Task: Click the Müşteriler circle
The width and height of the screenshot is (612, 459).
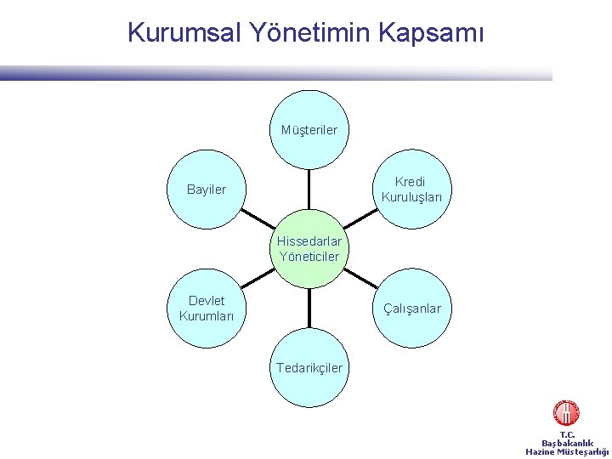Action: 309,129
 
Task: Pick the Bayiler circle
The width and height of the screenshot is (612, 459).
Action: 206,190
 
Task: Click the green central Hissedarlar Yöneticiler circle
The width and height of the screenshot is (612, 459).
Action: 309,248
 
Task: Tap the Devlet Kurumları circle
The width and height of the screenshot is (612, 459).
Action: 207,309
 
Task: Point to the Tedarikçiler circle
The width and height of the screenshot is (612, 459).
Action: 309,367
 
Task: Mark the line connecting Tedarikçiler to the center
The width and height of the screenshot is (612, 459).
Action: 309,308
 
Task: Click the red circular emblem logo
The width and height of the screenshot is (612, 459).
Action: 566,414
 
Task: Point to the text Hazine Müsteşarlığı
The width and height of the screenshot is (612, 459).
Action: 568,451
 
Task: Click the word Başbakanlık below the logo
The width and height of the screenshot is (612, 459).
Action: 567,443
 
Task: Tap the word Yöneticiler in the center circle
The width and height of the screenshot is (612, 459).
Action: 309,256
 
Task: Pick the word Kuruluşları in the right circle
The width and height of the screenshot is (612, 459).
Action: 411,197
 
